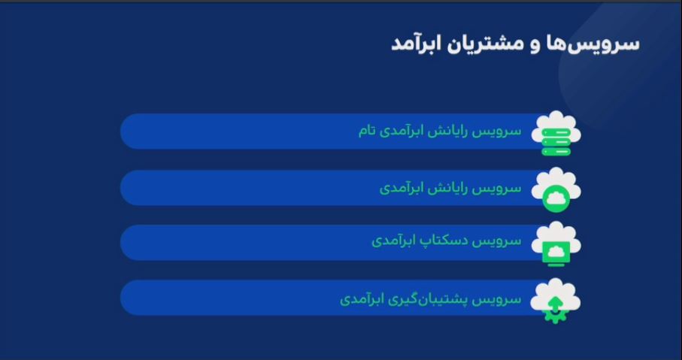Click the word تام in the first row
367,132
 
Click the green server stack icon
556,142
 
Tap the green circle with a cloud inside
556,199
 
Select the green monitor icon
556,253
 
